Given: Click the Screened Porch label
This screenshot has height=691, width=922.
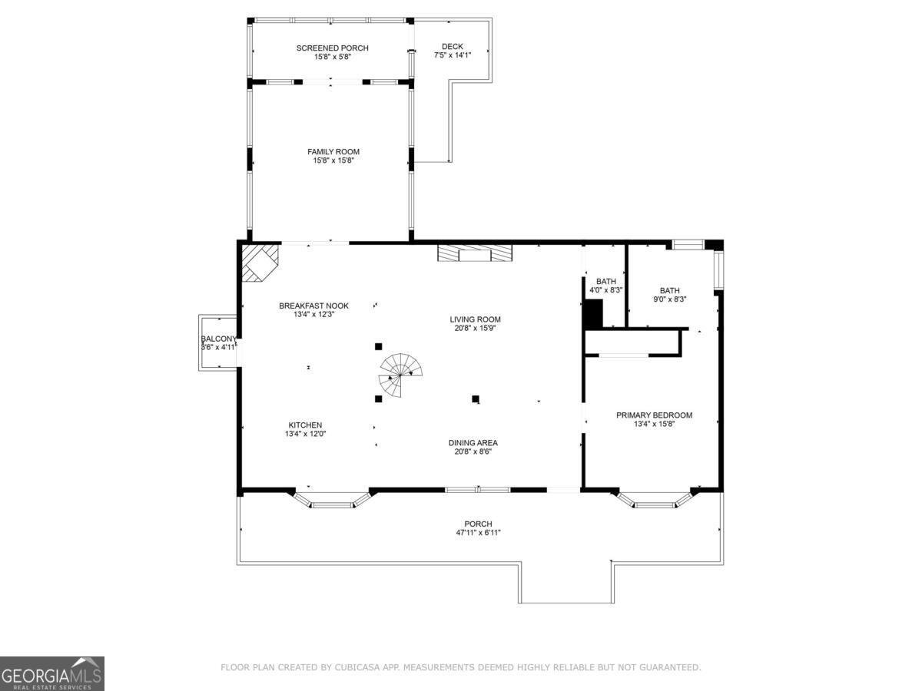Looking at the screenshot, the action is [x=332, y=48].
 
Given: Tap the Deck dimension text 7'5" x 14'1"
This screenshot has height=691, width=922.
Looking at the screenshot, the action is [x=453, y=55].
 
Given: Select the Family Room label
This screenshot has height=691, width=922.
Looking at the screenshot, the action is [x=333, y=152].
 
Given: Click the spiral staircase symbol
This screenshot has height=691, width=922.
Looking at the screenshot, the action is [x=400, y=375].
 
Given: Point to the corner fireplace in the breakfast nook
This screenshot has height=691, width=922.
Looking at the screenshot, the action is [x=260, y=263].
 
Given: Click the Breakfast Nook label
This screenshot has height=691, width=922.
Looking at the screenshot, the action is [x=313, y=306].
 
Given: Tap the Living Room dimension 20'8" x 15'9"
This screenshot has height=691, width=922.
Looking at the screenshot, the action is [x=475, y=328].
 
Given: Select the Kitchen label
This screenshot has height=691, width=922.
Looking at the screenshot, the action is [x=305, y=425].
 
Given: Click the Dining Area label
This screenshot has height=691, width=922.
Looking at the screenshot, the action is [x=473, y=443].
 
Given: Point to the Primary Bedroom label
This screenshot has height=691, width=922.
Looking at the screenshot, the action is [x=654, y=415].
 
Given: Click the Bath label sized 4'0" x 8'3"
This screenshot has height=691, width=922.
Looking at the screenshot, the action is [x=606, y=281].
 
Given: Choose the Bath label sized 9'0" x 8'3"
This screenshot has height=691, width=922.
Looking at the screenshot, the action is [x=669, y=290].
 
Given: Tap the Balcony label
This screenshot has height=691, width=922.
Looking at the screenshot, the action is [x=218, y=339].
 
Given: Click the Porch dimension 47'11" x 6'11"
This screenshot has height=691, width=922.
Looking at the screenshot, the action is [x=479, y=533].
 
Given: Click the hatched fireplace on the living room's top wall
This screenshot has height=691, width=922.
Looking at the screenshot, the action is [x=475, y=253].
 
